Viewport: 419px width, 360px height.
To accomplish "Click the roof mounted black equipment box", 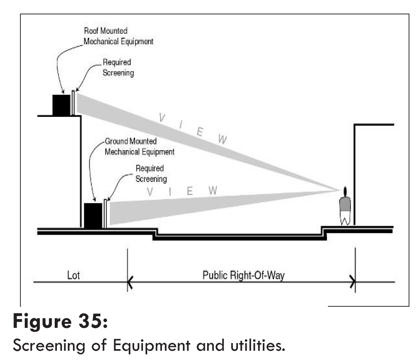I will tap(61, 105).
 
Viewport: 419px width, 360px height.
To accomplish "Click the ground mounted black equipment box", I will tap(92, 215).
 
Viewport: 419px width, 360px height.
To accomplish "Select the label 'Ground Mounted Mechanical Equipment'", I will tap(139, 147).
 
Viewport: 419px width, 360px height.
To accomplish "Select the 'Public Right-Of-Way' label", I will tap(243, 275).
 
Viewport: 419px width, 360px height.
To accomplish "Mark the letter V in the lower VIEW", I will tap(150, 192).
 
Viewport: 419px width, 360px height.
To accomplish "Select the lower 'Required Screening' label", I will tap(151, 173).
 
